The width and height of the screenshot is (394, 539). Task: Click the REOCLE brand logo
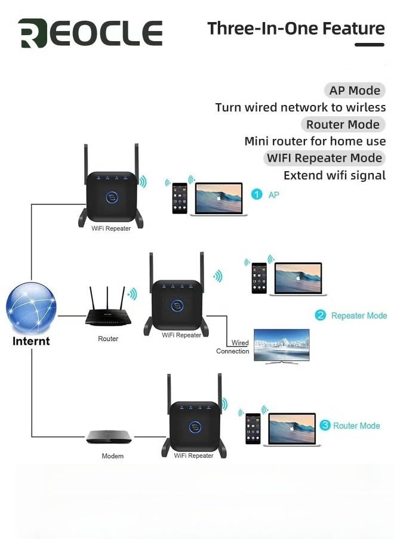[90, 33]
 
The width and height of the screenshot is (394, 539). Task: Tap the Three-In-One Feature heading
[296, 28]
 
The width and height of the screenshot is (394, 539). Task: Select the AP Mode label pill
[355, 91]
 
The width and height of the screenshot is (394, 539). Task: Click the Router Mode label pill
[343, 125]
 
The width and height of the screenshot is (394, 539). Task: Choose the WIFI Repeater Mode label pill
[324, 158]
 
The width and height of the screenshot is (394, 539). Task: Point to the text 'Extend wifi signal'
[334, 175]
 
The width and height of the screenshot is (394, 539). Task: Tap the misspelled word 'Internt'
[31, 342]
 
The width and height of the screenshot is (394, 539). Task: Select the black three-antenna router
[107, 309]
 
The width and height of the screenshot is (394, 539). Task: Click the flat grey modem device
[108, 436]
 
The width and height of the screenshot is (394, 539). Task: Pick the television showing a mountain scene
[282, 345]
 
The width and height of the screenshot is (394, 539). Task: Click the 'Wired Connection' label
[233, 347]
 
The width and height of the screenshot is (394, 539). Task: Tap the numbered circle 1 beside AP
[257, 194]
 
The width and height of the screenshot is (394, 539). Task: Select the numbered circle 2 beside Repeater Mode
[321, 315]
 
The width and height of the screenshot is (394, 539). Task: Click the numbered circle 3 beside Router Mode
[325, 425]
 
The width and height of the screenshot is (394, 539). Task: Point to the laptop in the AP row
[218, 199]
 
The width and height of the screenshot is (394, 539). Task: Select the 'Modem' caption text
[112, 456]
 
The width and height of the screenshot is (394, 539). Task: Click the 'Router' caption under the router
[108, 339]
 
